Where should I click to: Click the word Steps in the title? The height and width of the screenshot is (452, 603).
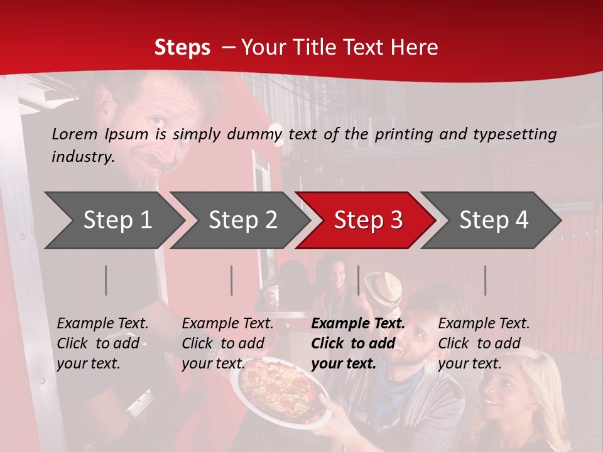182,48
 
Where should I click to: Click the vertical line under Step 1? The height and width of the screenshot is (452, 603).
106,280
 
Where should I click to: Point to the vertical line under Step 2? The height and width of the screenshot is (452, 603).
232,280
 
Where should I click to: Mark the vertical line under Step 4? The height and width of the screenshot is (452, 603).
486,280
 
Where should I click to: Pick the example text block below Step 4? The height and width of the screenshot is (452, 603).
484,343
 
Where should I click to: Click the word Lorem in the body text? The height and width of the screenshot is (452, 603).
75,134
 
